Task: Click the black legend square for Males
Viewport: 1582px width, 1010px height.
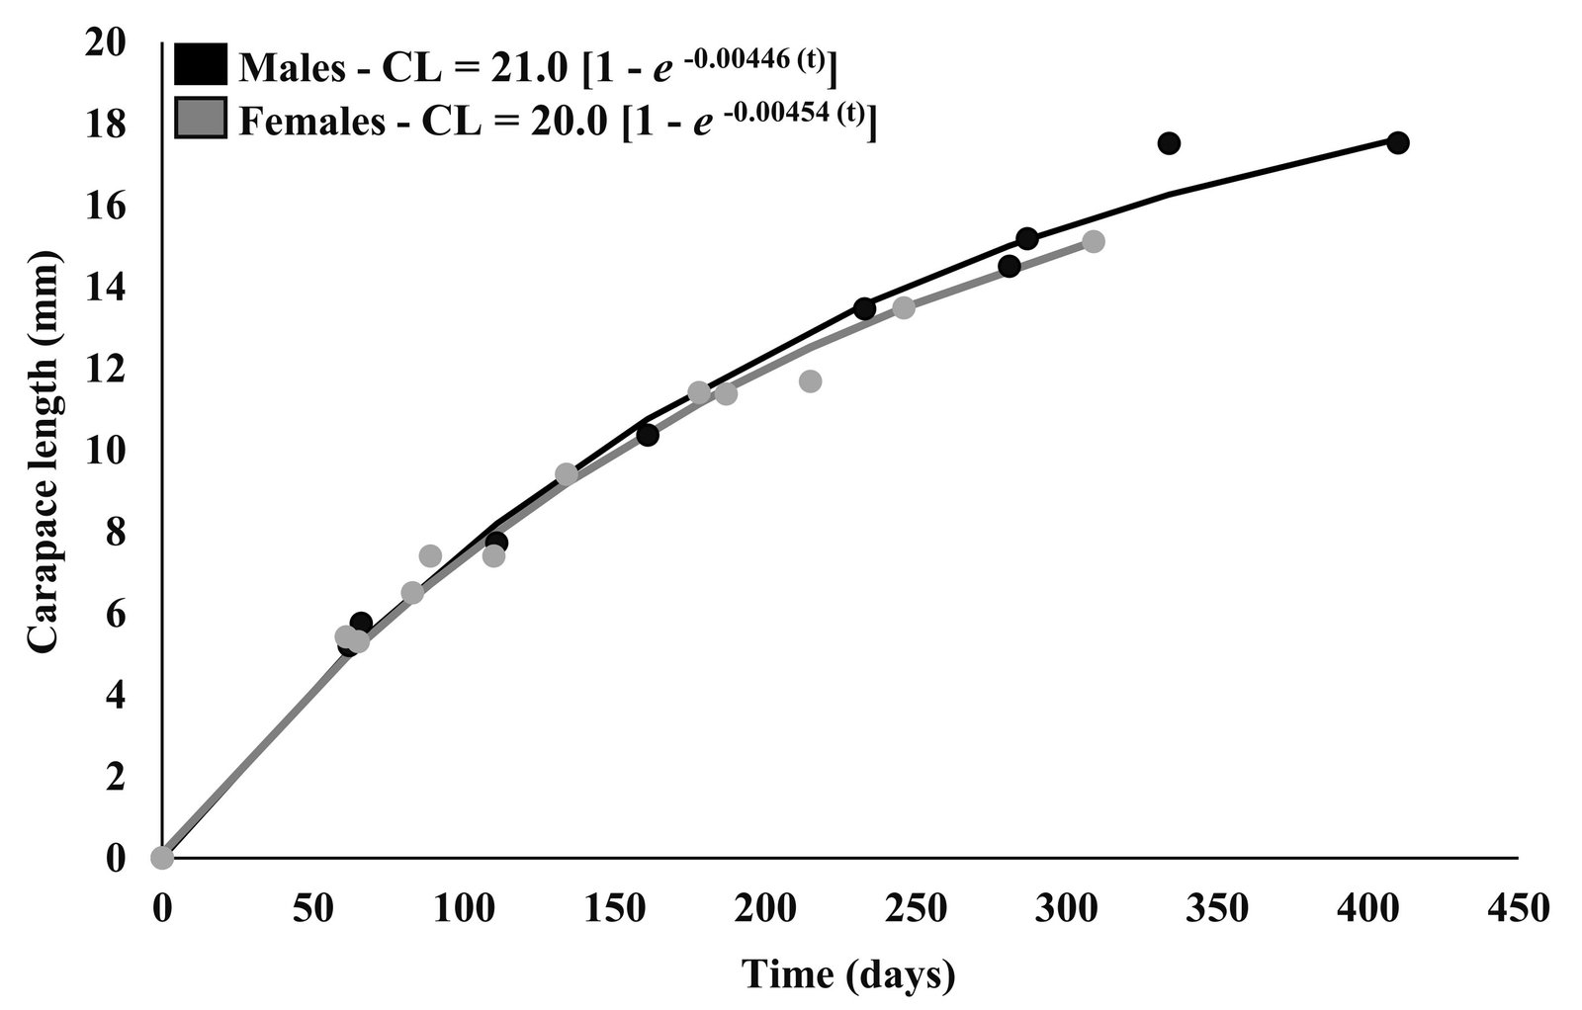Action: tap(202, 67)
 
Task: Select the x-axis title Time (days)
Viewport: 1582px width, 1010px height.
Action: tap(849, 974)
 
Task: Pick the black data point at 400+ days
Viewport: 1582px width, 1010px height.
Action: tap(1397, 142)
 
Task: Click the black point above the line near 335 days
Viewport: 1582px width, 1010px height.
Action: tap(1169, 143)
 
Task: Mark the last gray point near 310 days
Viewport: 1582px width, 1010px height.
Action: tap(1093, 241)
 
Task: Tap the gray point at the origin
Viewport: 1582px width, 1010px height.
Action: tap(162, 857)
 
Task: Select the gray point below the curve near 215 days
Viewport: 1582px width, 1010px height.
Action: tap(810, 380)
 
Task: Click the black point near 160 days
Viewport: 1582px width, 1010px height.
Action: tap(648, 434)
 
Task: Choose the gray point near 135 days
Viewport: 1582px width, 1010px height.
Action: tap(566, 474)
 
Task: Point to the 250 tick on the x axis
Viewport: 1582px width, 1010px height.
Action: tap(916, 907)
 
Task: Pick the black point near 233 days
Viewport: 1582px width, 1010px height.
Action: tap(864, 308)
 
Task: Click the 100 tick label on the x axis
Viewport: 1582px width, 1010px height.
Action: tap(463, 907)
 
